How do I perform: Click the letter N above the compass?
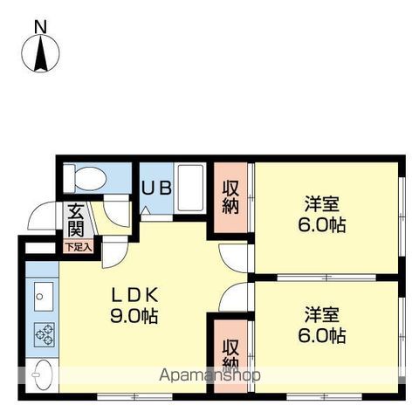40,27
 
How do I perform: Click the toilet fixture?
85,178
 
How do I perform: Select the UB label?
156,188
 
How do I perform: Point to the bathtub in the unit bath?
190,188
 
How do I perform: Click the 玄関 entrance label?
76,220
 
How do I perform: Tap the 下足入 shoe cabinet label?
79,248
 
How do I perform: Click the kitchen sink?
44,296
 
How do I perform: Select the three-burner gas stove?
45,334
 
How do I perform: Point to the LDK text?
134,295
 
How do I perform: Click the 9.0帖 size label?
134,316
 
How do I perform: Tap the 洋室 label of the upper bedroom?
322,204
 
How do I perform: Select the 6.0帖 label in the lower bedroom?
322,335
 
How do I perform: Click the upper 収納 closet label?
230,197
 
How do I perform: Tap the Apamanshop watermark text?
209,375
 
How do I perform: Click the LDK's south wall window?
134,396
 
